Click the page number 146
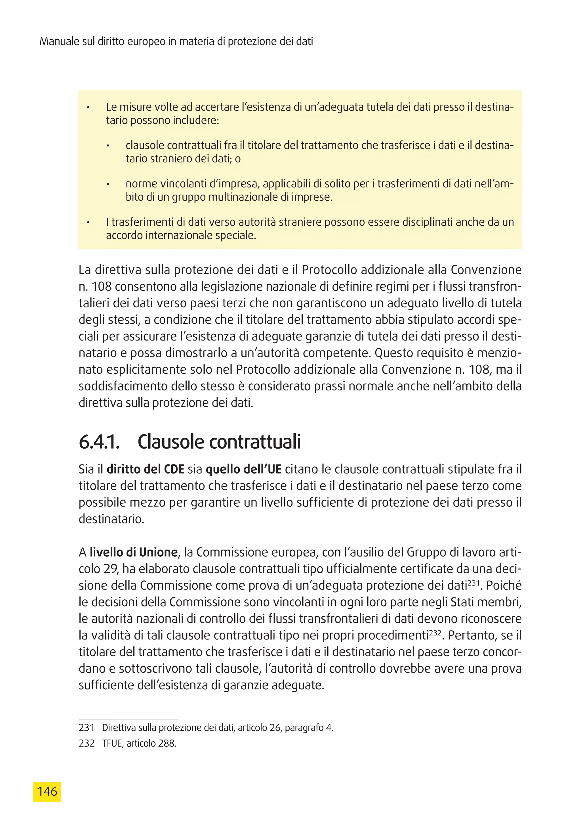click(x=47, y=791)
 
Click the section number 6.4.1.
click(x=99, y=442)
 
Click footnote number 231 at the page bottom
click(x=86, y=728)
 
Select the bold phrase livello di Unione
click(x=134, y=552)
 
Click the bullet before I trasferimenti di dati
click(x=88, y=223)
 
